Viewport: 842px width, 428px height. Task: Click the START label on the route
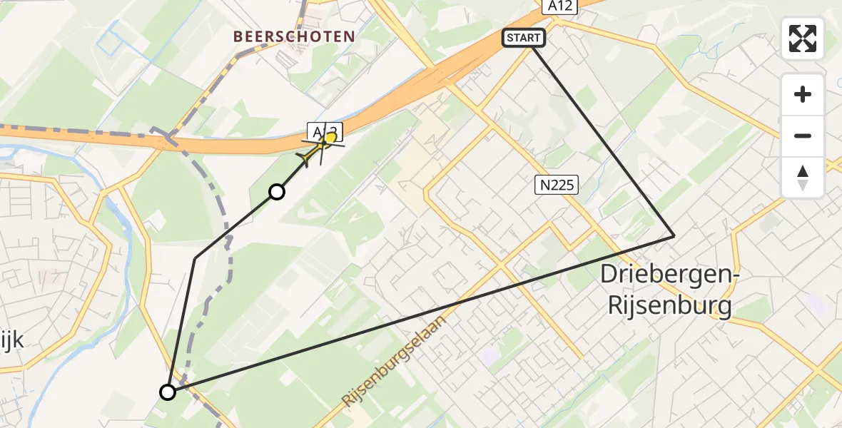tap(524, 38)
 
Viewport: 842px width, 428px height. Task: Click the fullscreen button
tap(803, 39)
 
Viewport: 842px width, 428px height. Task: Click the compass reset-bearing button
tap(803, 178)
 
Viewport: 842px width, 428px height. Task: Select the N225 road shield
tap(556, 185)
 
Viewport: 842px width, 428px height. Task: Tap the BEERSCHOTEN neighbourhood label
tap(294, 36)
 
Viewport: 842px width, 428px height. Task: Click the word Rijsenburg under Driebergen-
tap(669, 305)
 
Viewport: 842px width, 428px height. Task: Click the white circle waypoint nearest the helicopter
tap(276, 191)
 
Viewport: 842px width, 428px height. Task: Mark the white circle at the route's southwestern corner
tap(168, 392)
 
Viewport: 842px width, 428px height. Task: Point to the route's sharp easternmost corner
tap(674, 235)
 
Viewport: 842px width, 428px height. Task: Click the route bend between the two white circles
tap(195, 258)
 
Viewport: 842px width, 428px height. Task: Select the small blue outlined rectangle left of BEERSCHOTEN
tap(110, 43)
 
